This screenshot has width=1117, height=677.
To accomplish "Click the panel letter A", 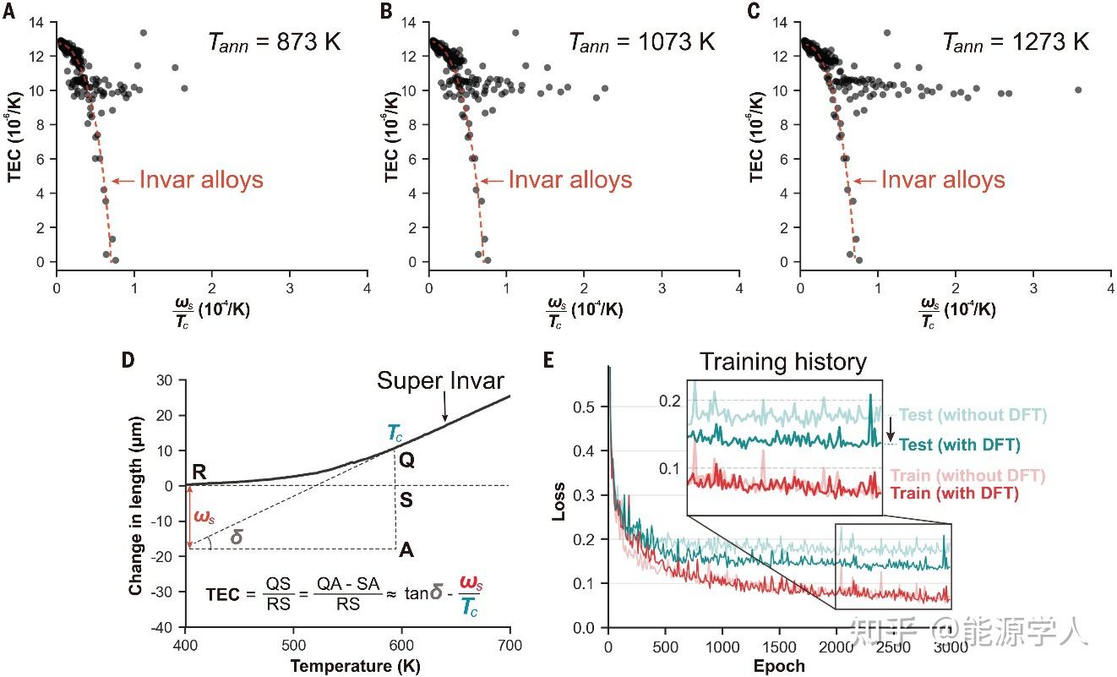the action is [x=8, y=10].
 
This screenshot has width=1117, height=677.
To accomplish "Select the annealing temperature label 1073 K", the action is [x=677, y=41].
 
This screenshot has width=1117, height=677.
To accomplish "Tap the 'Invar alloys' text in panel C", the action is [x=943, y=179].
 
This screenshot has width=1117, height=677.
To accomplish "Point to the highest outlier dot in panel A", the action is [x=144, y=33].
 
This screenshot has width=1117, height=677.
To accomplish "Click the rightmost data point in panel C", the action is [x=1078, y=90].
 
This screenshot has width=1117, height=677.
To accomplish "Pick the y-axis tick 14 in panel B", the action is [x=408, y=22].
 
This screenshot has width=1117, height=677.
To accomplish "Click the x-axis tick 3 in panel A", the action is [x=290, y=288].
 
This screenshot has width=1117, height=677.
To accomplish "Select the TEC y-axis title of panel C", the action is [x=756, y=137].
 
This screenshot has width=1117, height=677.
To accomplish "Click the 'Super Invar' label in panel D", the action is [x=440, y=380].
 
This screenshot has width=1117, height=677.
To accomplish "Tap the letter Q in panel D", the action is [x=407, y=460].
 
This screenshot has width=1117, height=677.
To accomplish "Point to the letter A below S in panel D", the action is [x=406, y=549].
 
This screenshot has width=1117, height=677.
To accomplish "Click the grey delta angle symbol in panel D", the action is [x=237, y=537].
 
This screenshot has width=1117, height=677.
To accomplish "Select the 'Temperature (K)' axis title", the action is [x=356, y=666].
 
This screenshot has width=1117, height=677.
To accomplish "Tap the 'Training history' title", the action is [x=783, y=362].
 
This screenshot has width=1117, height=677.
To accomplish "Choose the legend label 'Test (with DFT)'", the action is [x=960, y=445].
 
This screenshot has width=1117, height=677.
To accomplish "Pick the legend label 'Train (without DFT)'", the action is [x=968, y=476].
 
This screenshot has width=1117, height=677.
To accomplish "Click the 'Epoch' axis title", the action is [x=779, y=666].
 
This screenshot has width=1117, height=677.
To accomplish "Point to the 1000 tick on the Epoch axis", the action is [x=722, y=647].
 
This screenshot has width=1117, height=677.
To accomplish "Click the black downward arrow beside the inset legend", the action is [x=890, y=429].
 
